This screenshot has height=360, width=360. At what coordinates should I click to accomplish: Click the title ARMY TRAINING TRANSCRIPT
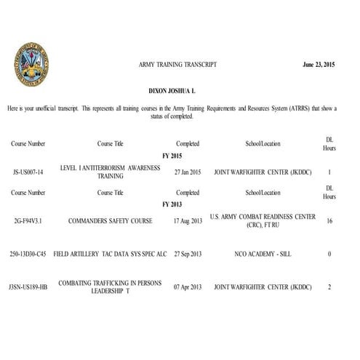point(177,65)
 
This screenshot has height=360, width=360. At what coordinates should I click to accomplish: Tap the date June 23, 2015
point(319,65)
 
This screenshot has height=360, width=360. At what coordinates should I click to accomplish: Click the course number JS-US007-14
point(29,173)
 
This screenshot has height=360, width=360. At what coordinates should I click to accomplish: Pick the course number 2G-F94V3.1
point(28,220)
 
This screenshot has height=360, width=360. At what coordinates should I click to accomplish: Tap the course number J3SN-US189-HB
point(31,287)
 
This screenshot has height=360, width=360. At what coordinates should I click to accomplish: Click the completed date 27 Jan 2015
point(188,173)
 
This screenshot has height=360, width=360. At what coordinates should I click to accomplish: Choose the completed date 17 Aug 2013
point(188,220)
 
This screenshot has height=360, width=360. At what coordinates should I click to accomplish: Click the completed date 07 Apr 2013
point(188,287)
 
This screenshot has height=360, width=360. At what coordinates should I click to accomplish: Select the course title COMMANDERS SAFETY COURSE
point(110,220)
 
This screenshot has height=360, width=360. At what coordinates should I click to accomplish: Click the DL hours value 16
point(329,220)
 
